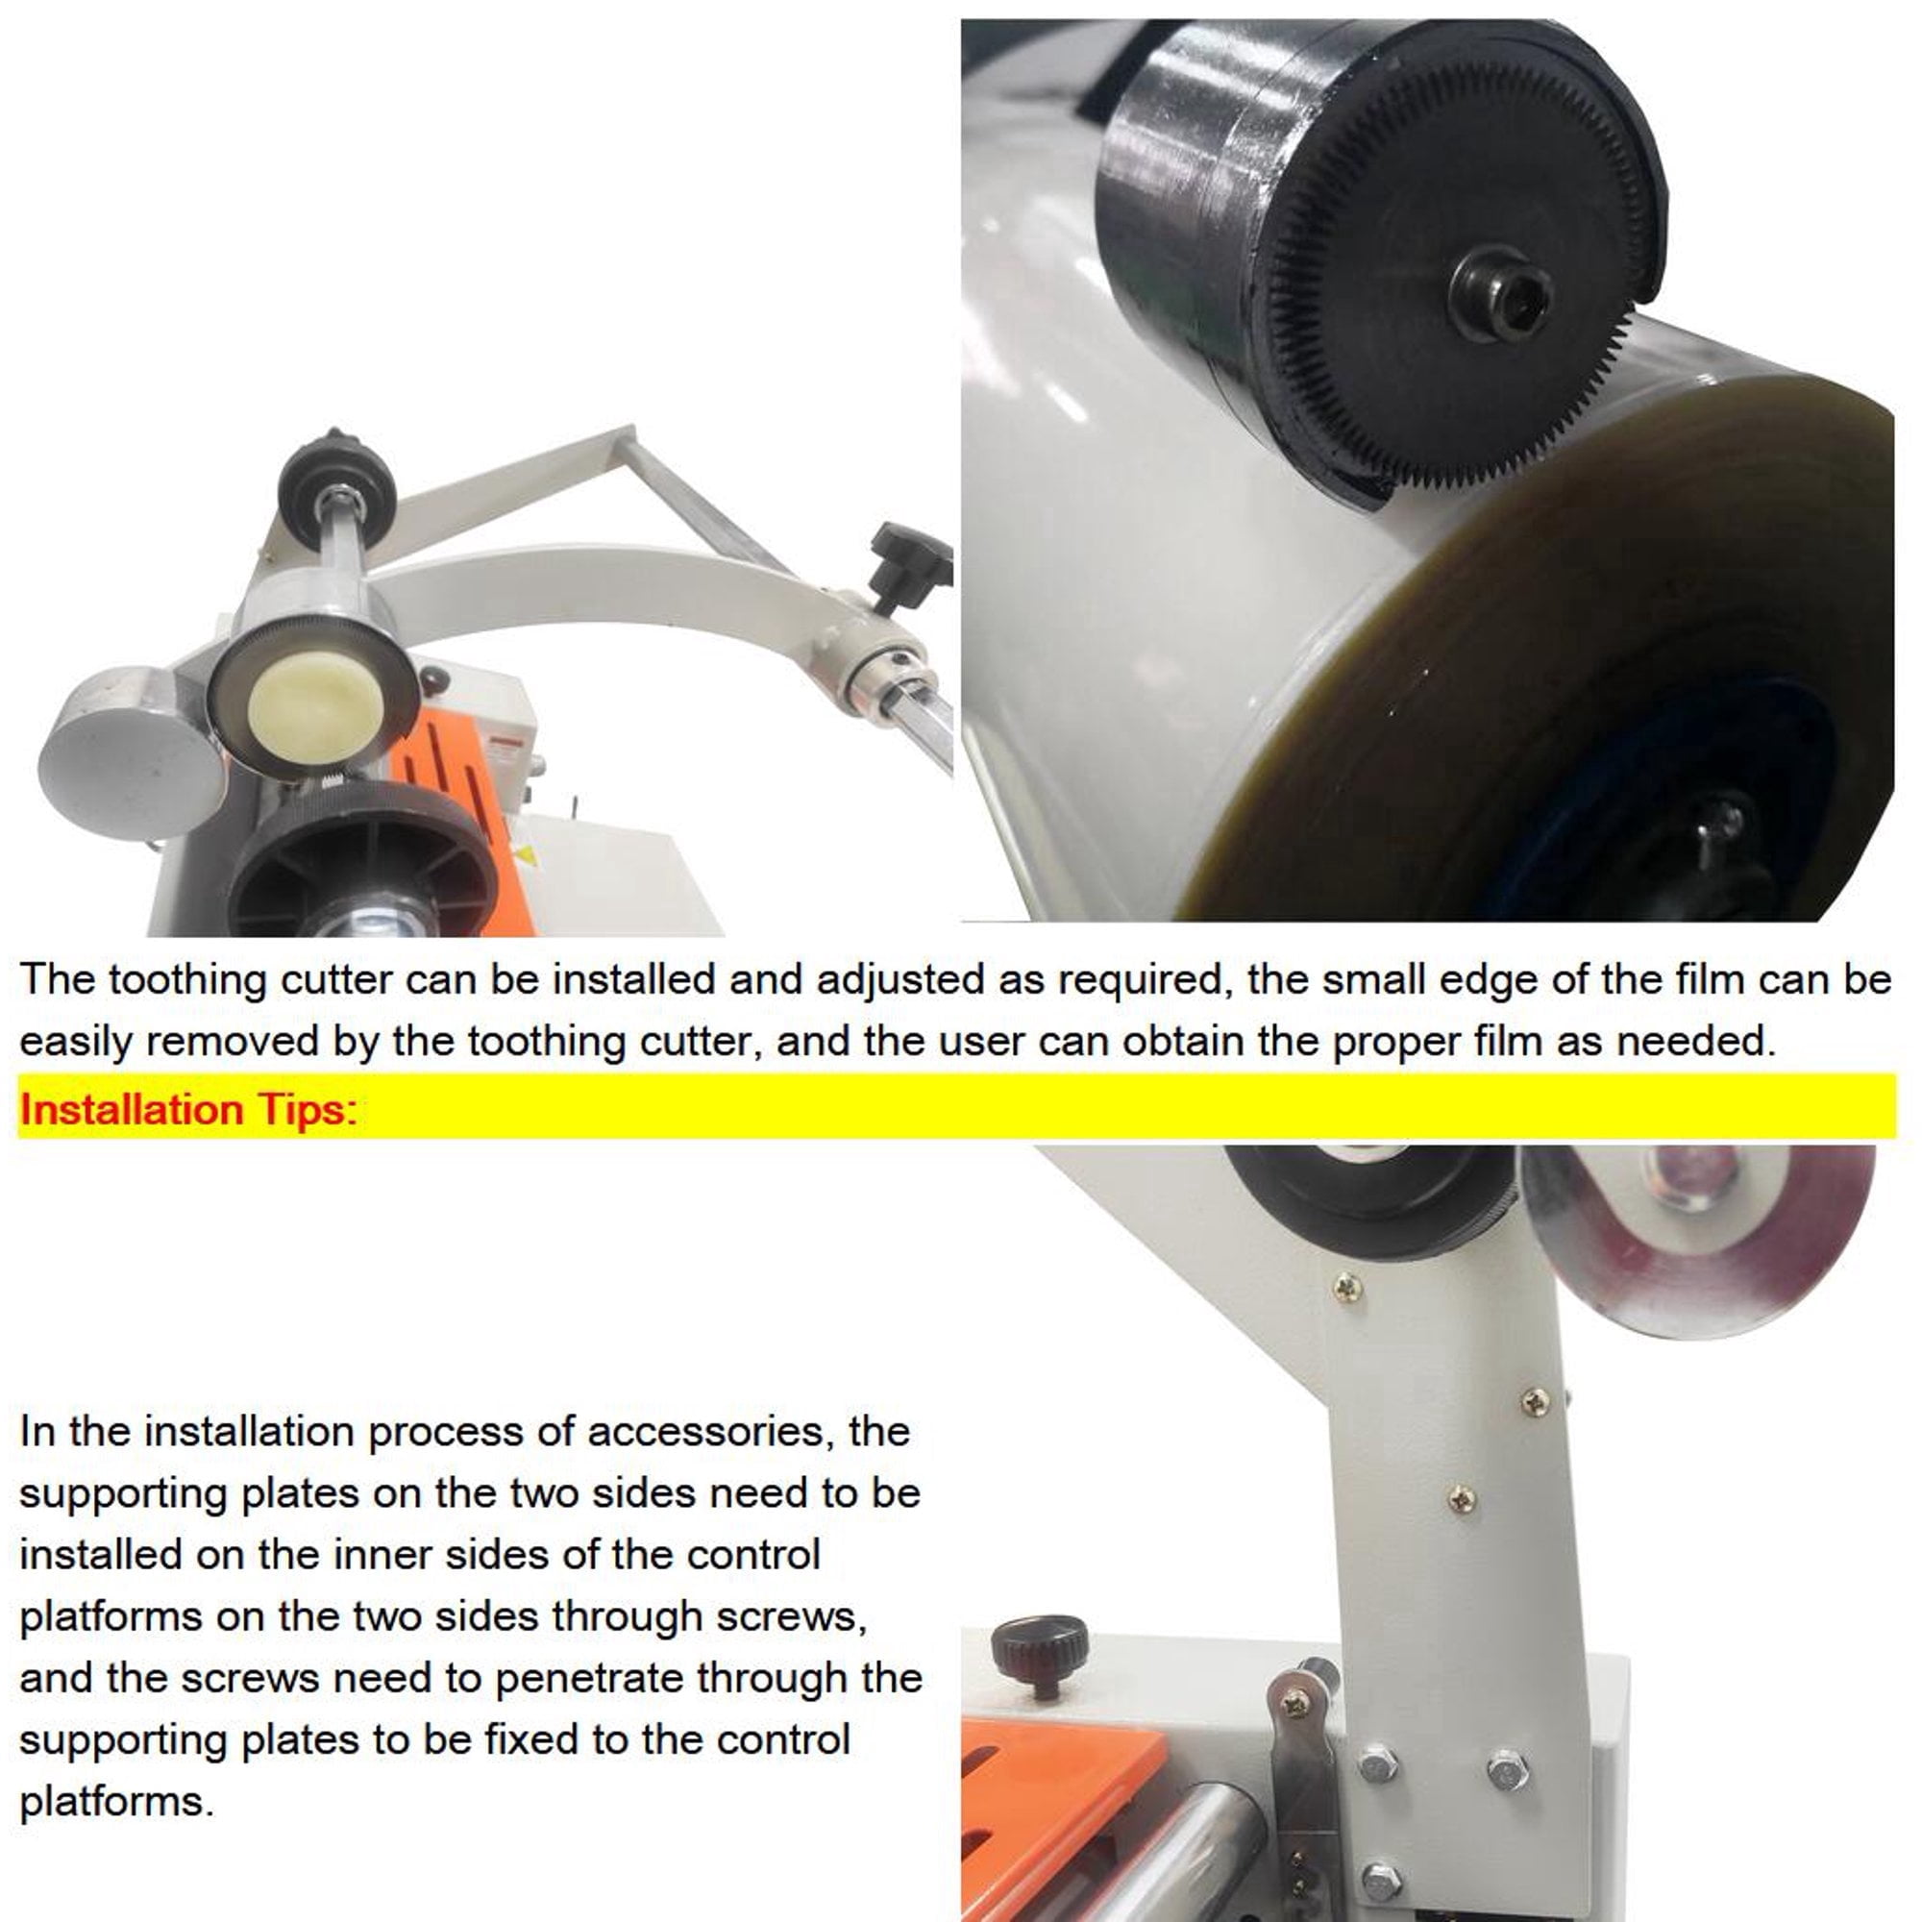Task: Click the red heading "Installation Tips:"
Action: point(188,1108)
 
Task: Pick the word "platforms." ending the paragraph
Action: point(116,1802)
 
